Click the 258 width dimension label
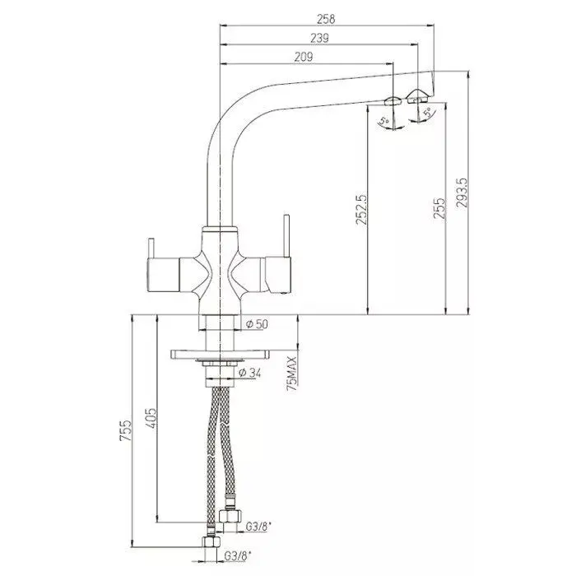[x=326, y=19]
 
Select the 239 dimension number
[x=319, y=38]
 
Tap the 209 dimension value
[x=304, y=58]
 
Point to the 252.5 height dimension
[x=361, y=209]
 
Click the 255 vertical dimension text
[x=439, y=208]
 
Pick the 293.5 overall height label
[x=462, y=193]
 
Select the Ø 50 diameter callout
[x=258, y=324]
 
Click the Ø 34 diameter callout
[x=250, y=373]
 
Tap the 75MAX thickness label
[x=293, y=374]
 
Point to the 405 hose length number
[x=151, y=418]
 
